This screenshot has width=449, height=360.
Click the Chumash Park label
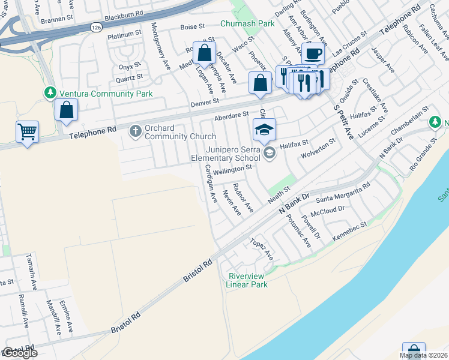[247, 23]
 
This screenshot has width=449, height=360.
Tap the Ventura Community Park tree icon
[50, 93]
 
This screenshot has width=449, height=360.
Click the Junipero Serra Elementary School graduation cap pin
[264, 128]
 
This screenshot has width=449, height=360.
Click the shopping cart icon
[27, 131]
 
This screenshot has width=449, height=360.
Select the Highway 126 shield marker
[97, 28]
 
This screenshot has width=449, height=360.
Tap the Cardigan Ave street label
[211, 183]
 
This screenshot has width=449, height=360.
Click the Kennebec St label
[349, 234]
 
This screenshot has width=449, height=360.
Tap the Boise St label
[193, 27]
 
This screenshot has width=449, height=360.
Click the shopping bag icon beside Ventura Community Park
[65, 110]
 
